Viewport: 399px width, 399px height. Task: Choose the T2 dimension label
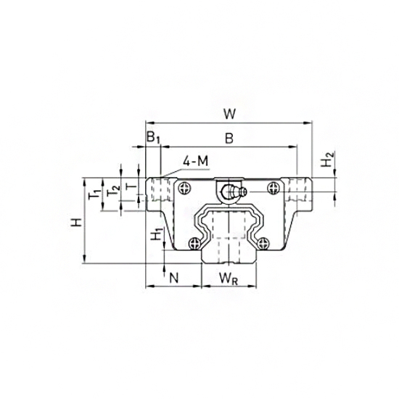(111, 192)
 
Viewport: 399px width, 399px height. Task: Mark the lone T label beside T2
(130, 186)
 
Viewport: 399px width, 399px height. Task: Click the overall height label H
(76, 223)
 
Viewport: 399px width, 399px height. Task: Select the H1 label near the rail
(155, 234)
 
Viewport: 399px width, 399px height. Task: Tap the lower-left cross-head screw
(194, 244)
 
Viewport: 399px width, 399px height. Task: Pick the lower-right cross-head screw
(266, 244)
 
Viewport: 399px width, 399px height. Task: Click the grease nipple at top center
(231, 192)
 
